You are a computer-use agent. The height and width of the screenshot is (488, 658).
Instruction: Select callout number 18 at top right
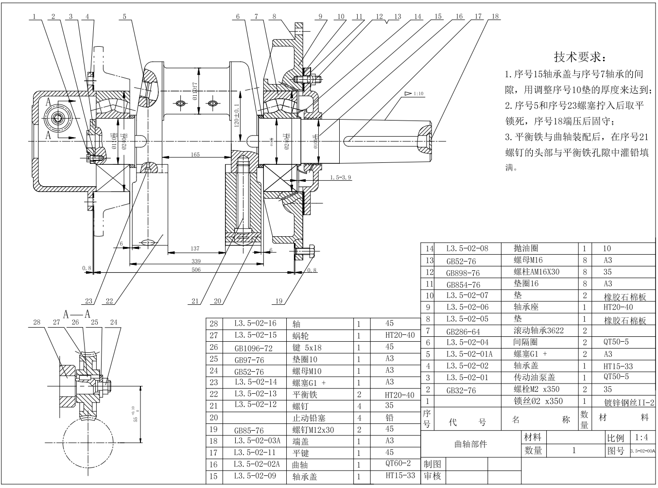tap(495, 17)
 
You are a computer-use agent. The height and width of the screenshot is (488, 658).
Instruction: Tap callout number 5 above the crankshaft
tap(124, 17)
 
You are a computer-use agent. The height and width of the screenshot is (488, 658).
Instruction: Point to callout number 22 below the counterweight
tap(109, 301)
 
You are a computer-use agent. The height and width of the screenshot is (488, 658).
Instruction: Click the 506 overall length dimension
tap(196, 269)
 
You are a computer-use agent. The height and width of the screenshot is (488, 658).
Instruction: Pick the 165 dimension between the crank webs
tap(195, 155)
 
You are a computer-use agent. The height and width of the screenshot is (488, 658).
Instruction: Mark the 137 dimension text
tap(195, 248)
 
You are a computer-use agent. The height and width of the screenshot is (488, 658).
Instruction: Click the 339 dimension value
tap(196, 261)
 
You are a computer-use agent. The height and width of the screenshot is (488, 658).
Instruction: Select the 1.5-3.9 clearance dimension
tap(340, 177)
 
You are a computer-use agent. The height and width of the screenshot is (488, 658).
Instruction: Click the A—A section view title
tap(77, 314)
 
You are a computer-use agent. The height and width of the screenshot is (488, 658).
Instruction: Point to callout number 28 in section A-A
tap(37, 322)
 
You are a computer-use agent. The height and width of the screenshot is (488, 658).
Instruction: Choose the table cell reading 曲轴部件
tap(470, 444)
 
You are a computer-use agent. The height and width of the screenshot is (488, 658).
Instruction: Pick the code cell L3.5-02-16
tap(255, 323)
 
